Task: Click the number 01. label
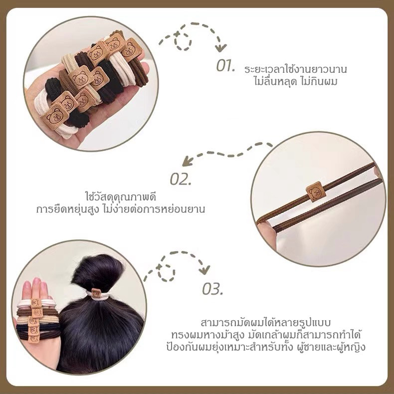tap(225, 66)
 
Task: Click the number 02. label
tap(181, 179)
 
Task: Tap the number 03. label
tap(212, 289)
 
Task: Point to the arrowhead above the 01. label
tap(221, 48)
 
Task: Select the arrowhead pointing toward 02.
tap(187, 161)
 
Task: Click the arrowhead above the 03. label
tap(204, 270)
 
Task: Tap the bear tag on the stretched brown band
tap(316, 192)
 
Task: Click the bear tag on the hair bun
tap(96, 293)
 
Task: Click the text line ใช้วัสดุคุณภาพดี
tap(121, 197)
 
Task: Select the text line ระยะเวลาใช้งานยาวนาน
tap(295, 69)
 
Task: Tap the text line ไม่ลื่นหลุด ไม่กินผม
tap(295, 81)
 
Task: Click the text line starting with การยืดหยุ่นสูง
tap(121, 209)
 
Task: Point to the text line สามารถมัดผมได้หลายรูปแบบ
tap(266, 323)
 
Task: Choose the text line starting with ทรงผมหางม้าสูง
tap(266, 335)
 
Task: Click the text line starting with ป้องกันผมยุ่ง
tap(266, 347)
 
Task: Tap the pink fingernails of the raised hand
tap(35, 284)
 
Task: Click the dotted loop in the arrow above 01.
tap(183, 41)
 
